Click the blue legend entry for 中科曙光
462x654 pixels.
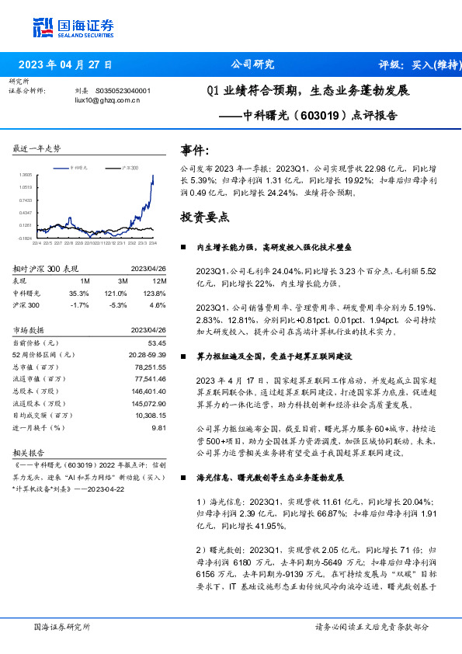77,168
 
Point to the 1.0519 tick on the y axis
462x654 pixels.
26,187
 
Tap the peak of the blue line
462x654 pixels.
153,176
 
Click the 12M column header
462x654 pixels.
160,280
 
